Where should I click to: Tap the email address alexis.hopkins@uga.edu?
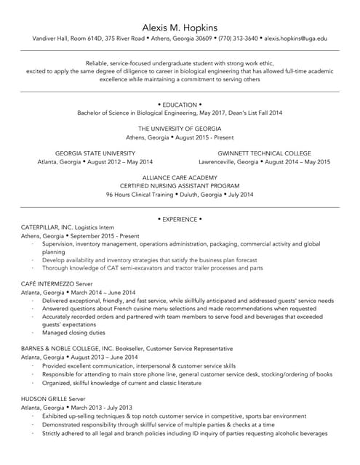(x=295, y=38)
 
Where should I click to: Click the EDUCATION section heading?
(x=180, y=105)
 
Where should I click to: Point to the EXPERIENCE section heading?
(x=180, y=219)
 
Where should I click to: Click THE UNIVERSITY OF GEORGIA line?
(x=180, y=129)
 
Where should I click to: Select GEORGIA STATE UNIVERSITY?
(x=95, y=153)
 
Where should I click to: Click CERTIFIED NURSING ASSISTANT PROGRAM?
(x=180, y=187)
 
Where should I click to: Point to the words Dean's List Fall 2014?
(x=251, y=113)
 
